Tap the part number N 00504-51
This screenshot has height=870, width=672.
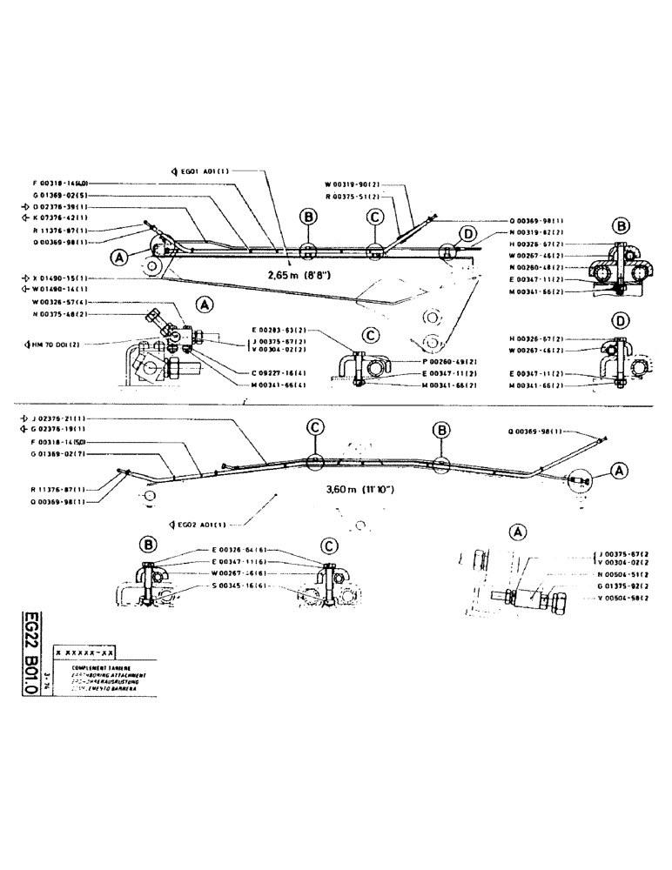coord(627,575)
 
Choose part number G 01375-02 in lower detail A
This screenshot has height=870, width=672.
coord(627,587)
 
